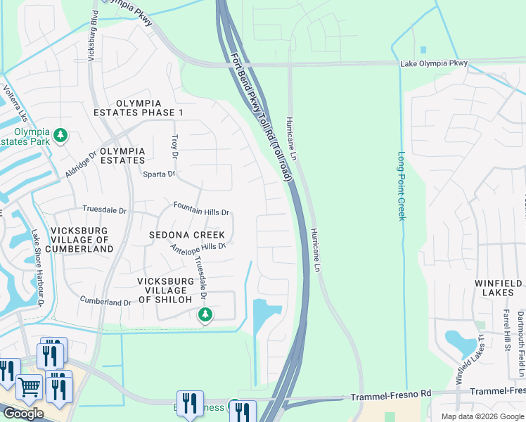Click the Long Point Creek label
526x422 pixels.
tap(402, 186)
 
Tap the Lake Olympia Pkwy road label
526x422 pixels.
tap(434, 64)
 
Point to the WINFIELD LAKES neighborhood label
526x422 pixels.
tap(499, 288)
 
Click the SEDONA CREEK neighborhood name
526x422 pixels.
tap(187, 235)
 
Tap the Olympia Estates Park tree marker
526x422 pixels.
tap(61, 134)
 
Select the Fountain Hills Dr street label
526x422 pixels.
tap(202, 212)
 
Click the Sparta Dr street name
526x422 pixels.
tap(158, 174)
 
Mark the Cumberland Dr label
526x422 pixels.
tap(105, 302)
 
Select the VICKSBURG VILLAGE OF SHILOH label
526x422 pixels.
tap(165, 290)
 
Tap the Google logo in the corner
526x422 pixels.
tap(23, 414)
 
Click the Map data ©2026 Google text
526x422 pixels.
tap(482, 416)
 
